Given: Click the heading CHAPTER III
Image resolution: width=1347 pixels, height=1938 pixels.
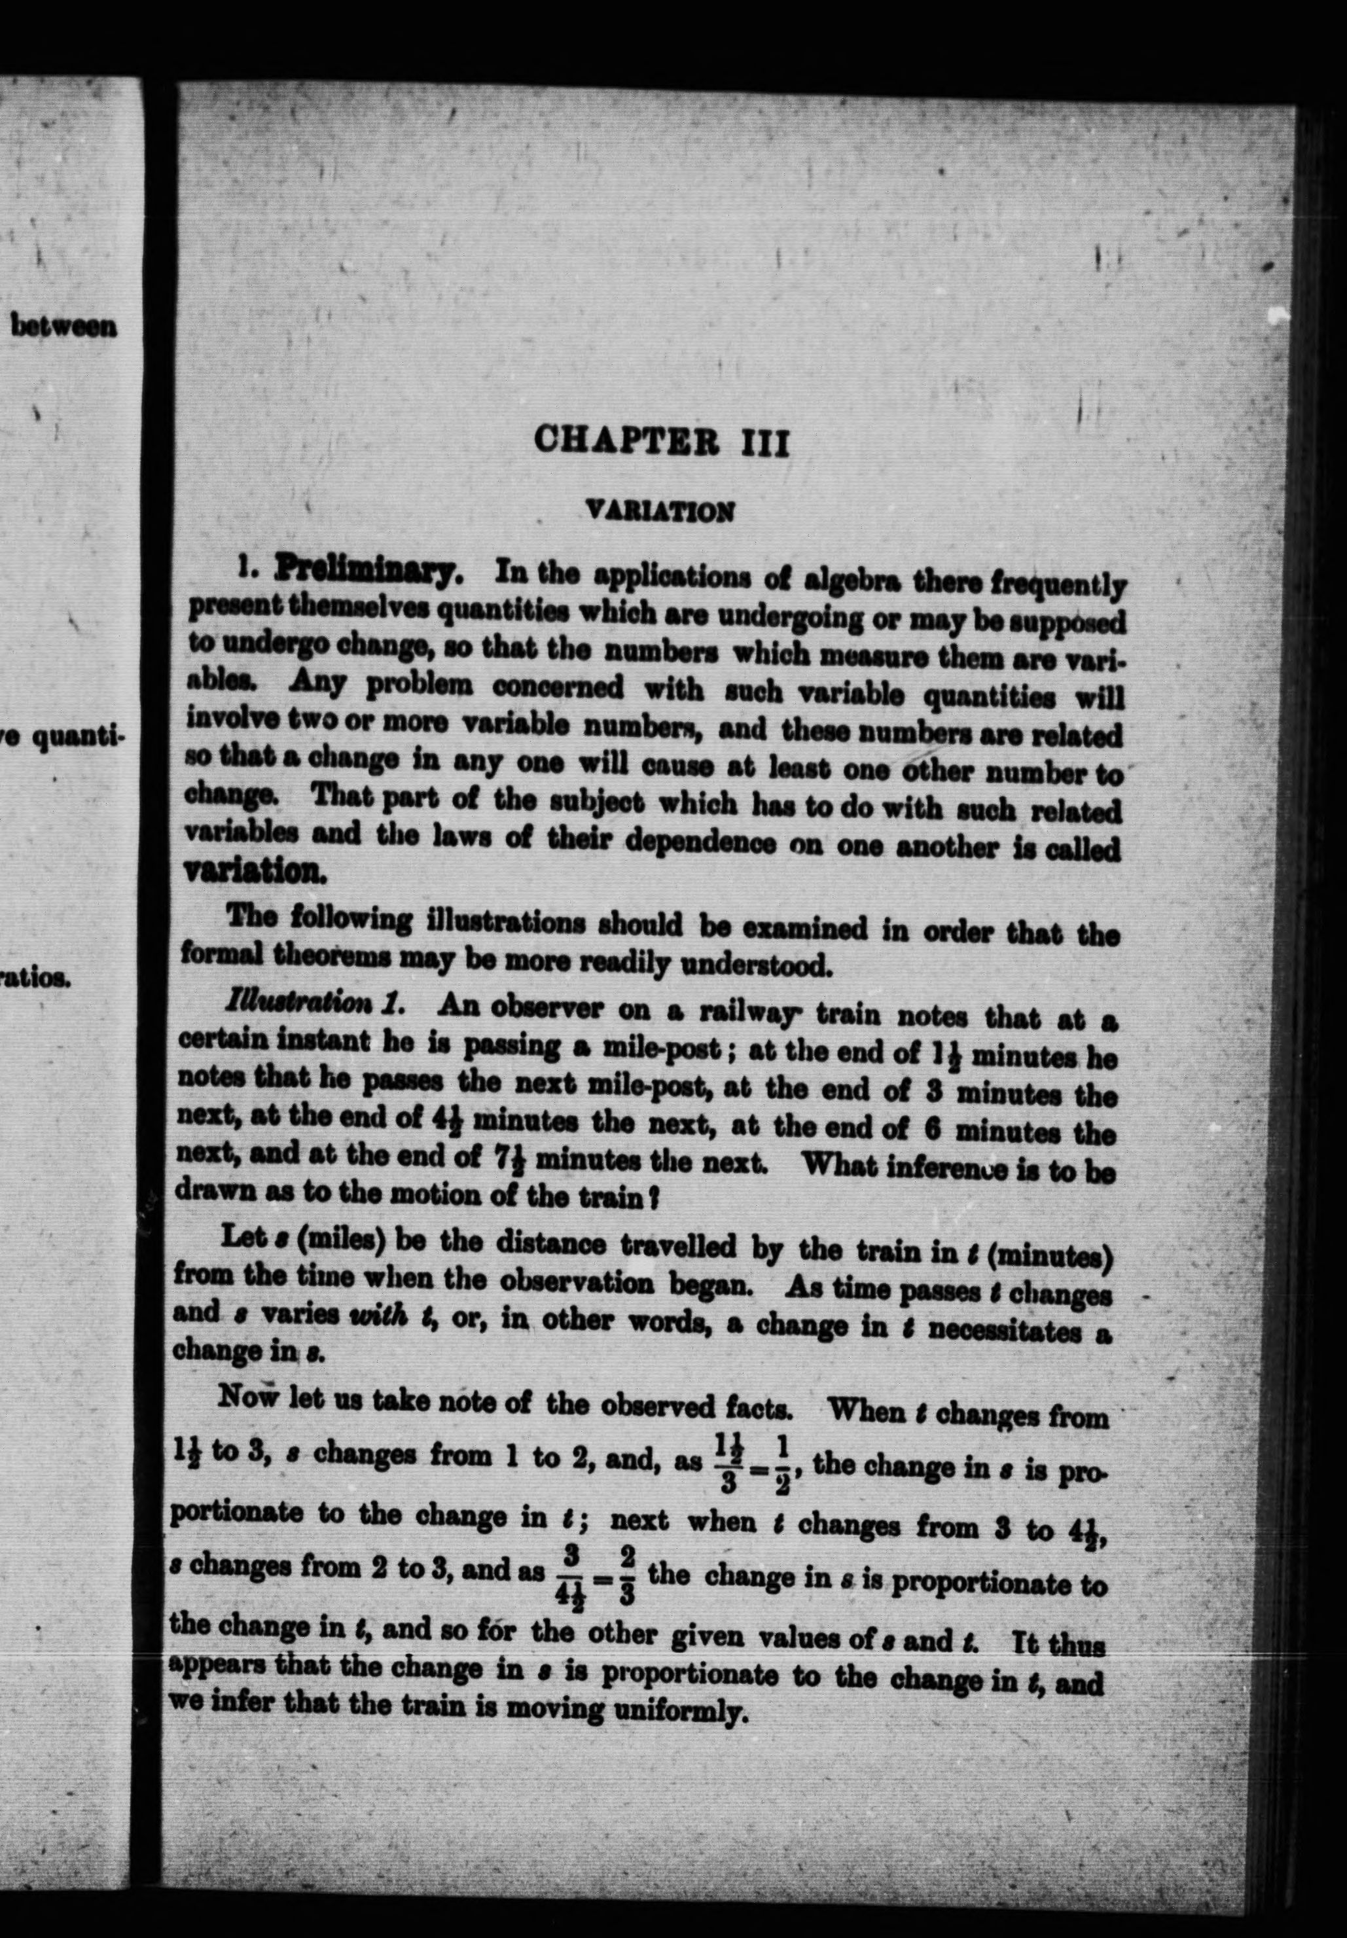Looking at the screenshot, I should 662,441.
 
